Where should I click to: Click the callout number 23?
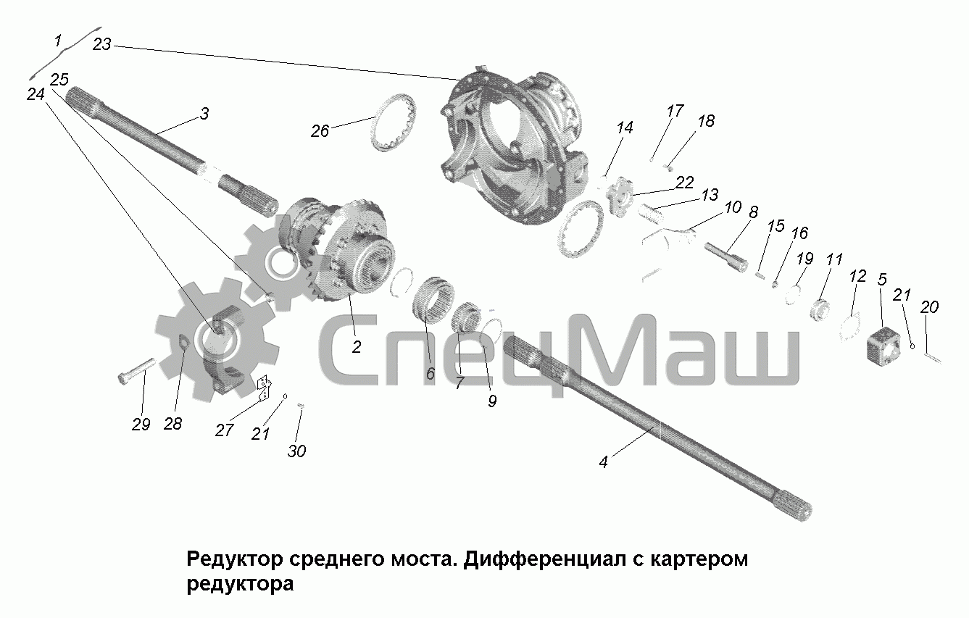tap(102, 44)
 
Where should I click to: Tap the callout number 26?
tap(320, 131)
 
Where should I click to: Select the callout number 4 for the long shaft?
tap(604, 462)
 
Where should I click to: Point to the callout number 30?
tap(296, 451)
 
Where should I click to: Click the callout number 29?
tap(141, 425)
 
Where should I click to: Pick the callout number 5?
tap(882, 279)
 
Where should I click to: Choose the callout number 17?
tap(675, 111)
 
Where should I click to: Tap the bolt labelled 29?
tap(136, 371)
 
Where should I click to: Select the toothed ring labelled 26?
tap(394, 122)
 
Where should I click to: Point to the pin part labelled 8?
tap(726, 258)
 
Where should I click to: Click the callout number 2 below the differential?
tap(357, 347)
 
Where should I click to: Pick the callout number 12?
tap(858, 276)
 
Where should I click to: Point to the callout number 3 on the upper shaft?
tap(204, 114)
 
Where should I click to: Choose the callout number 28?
tap(172, 424)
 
